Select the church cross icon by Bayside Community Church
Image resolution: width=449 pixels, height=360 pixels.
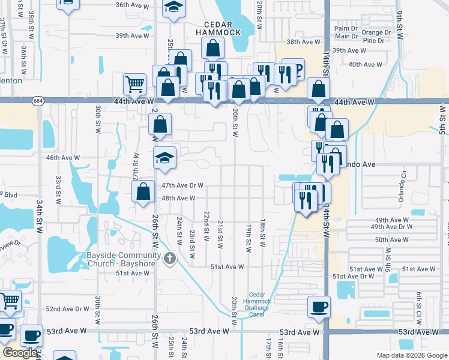click(x=170, y=259)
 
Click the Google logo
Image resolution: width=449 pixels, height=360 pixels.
click(x=19, y=353)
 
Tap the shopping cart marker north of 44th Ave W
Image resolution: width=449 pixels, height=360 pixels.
click(x=134, y=83)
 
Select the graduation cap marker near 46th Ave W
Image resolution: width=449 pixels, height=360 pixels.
click(x=164, y=157)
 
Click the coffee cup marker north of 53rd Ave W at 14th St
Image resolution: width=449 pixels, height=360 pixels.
click(x=319, y=307)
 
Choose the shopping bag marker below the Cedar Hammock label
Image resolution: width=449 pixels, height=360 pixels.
click(x=213, y=47)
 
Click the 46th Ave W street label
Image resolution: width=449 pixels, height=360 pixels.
click(x=63, y=158)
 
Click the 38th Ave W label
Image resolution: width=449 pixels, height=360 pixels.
click(x=303, y=42)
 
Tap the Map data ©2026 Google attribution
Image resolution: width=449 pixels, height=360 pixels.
click(x=411, y=355)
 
